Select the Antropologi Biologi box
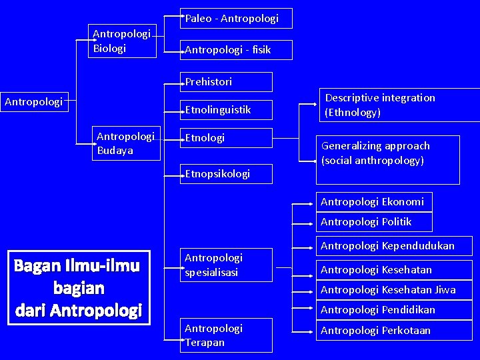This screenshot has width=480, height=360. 123,41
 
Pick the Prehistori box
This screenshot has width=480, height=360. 227,82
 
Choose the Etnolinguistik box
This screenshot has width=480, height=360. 227,110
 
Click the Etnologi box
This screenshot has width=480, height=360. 227,138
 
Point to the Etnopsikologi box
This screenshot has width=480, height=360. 227,174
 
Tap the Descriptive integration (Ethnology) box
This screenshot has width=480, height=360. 399,105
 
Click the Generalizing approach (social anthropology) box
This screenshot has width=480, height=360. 388,159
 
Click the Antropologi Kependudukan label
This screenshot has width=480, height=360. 387,246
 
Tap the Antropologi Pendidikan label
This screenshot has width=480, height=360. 377,310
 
